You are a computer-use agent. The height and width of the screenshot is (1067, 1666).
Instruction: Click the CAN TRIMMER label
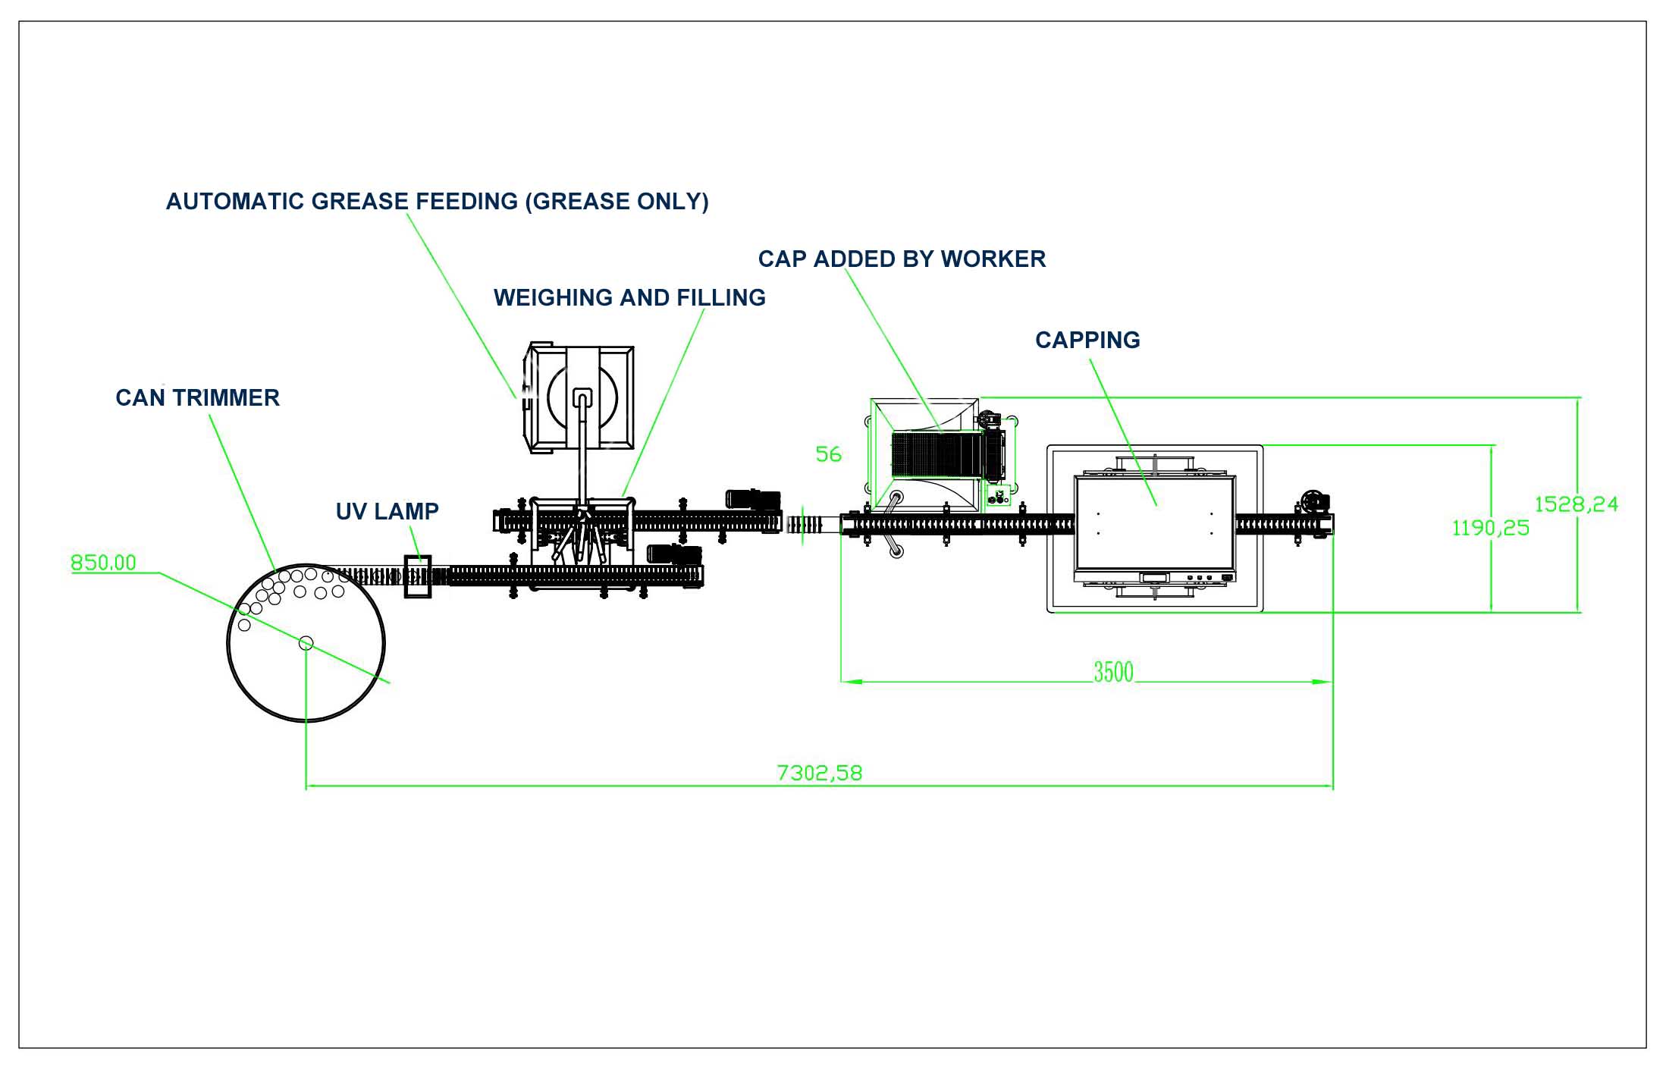click(x=197, y=397)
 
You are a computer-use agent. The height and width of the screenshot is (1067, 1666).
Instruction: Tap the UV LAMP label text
click(x=387, y=511)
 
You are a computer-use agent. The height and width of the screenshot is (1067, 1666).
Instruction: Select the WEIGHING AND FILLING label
click(x=629, y=297)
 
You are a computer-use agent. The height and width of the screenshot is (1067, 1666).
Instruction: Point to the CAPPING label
click(x=1087, y=340)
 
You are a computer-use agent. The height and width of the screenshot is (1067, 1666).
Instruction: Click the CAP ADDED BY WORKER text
click(x=902, y=259)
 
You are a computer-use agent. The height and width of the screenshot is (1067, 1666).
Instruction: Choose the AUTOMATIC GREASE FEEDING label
click(x=438, y=201)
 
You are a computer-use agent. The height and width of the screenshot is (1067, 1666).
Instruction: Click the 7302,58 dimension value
click(x=820, y=773)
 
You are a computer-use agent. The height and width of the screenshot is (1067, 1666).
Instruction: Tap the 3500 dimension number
click(x=1113, y=672)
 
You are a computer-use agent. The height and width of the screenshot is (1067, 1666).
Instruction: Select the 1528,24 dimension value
click(x=1576, y=504)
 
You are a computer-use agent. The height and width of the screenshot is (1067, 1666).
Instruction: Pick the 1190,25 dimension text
click(x=1490, y=528)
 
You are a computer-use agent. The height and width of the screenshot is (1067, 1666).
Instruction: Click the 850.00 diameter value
click(x=103, y=563)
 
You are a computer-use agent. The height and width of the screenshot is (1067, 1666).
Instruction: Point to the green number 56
click(x=828, y=454)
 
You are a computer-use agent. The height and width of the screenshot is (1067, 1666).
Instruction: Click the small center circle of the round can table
click(x=306, y=643)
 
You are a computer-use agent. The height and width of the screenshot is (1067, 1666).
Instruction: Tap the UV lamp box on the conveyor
click(x=417, y=576)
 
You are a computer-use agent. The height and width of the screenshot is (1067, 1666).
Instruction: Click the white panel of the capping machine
click(x=1155, y=523)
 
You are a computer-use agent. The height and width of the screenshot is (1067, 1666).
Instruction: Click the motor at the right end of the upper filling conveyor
click(x=753, y=499)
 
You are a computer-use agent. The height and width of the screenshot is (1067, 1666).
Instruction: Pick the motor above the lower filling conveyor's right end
click(x=673, y=554)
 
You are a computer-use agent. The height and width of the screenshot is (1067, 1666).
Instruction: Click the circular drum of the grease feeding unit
click(x=582, y=398)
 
